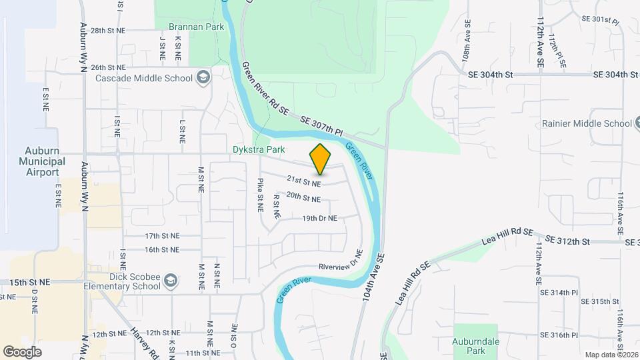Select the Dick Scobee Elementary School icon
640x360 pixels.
click(x=171, y=281)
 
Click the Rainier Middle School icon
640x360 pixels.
click(x=639, y=123)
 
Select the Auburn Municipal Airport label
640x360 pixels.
click(x=42, y=161)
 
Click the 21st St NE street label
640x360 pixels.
click(x=304, y=181)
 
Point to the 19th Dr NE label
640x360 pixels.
click(x=319, y=218)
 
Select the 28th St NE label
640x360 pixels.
click(x=108, y=31)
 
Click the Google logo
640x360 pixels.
click(x=23, y=351)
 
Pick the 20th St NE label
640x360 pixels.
click(x=303, y=197)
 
